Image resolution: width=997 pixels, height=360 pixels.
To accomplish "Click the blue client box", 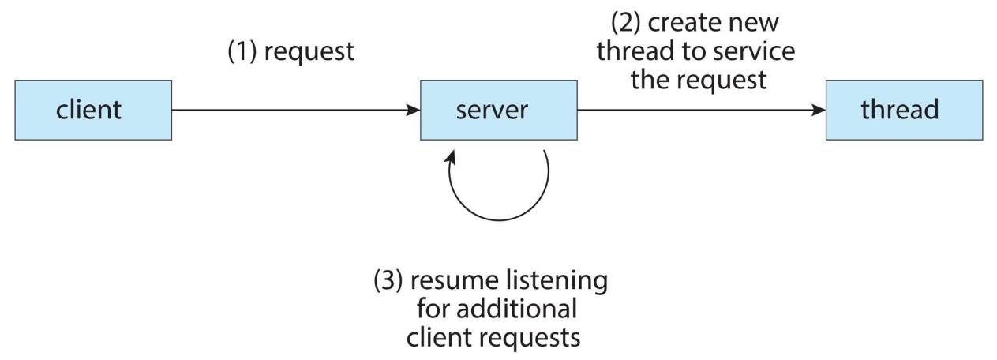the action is point(93,110).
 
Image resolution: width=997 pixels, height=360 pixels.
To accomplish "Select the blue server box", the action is point(499,110).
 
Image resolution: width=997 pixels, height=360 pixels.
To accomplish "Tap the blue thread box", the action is point(904,110).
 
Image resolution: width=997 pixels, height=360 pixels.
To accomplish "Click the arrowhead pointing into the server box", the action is point(413,110).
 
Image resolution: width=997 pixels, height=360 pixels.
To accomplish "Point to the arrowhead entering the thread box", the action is point(819,110).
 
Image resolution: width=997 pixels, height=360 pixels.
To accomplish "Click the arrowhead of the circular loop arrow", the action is point(452,158).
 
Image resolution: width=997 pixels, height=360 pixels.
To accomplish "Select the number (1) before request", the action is point(242,51).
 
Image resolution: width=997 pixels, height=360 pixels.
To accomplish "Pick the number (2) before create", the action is point(626,23).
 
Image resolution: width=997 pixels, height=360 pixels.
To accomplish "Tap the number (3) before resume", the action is point(388,281).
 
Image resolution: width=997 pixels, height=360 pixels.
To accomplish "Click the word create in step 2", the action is point(683,23).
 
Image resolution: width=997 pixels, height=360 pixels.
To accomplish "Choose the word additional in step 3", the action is point(516,309).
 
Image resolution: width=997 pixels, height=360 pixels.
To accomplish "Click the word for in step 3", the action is point(433,309).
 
